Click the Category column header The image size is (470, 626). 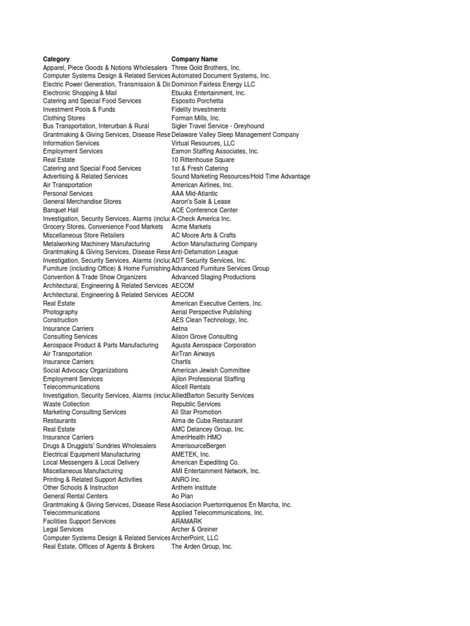(56, 59)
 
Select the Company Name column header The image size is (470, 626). (194, 59)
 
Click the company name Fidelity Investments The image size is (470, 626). (198, 109)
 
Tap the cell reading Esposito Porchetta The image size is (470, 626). (197, 101)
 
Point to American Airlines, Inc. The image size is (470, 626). (202, 185)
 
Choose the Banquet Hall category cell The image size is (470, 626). (61, 210)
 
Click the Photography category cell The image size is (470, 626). (60, 312)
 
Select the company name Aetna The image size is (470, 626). (179, 328)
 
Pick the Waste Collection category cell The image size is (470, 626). (65, 404)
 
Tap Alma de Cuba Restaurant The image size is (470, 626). (207, 421)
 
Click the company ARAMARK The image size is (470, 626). (187, 521)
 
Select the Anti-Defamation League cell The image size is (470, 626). (204, 252)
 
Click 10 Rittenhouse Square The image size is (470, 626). (203, 160)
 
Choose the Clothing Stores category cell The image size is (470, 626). (64, 118)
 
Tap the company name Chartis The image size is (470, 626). (181, 362)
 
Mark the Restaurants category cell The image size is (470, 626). (59, 421)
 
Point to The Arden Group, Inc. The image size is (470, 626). (201, 547)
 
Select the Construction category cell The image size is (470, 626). (60, 320)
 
